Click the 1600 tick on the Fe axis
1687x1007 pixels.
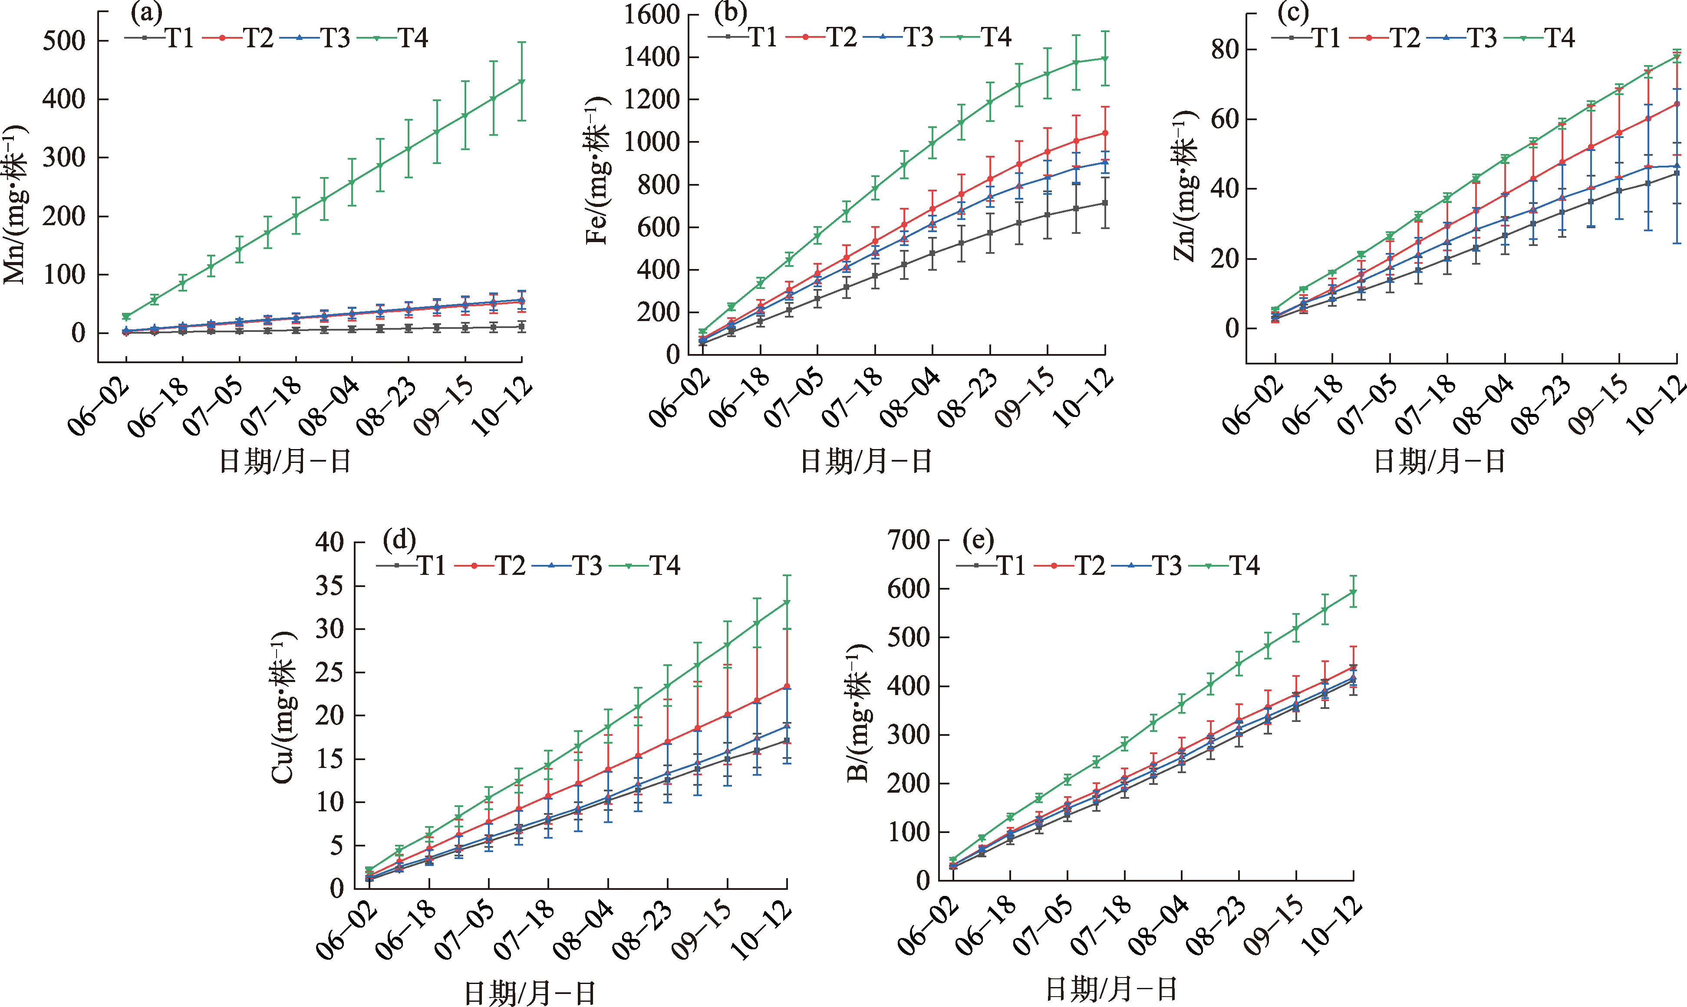coord(651,14)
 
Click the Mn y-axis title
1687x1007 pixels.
coord(16,203)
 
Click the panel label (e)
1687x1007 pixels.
coord(978,541)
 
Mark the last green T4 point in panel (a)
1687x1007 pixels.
coord(521,82)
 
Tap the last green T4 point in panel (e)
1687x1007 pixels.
coord(1353,592)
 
